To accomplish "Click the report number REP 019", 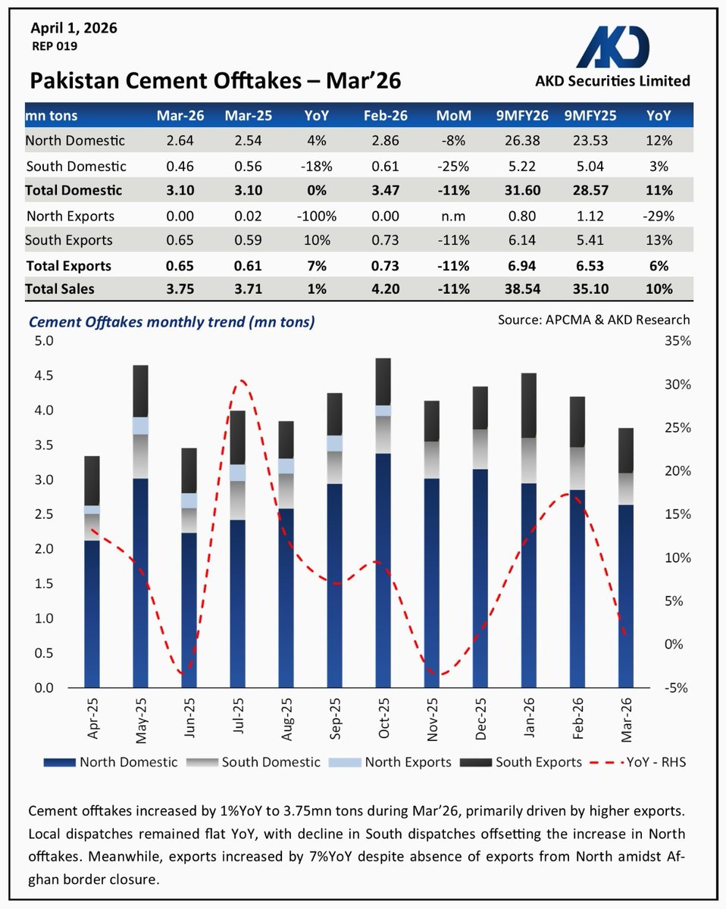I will click(x=54, y=46).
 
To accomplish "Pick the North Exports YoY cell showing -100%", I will click(x=316, y=216).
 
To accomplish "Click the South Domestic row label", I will click(x=76, y=166).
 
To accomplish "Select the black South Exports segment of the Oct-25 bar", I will click(x=384, y=381).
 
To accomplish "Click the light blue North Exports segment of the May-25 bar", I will click(x=141, y=426).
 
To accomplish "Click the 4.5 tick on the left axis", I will click(x=44, y=376).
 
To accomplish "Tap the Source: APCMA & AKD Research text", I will click(x=593, y=320).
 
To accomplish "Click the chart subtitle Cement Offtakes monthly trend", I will click(x=171, y=322).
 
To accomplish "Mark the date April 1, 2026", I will click(x=74, y=29).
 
